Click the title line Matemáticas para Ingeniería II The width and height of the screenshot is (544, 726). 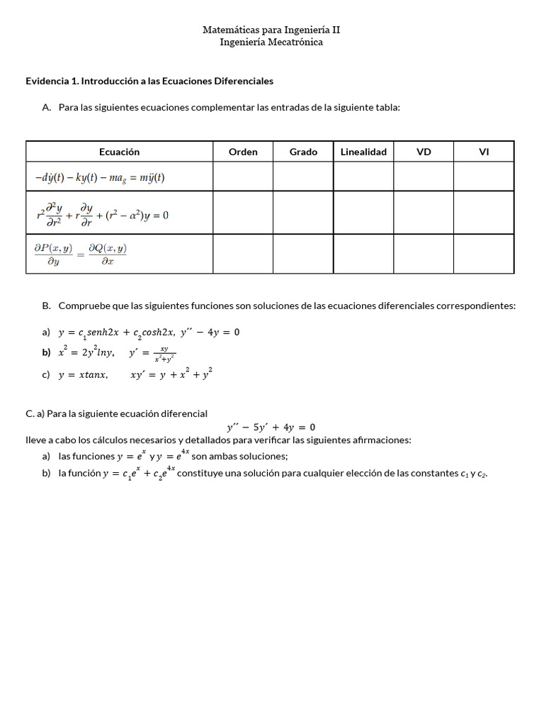click(271, 30)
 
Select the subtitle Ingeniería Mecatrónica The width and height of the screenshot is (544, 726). click(271, 43)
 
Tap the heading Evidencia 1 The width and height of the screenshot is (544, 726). click(52, 82)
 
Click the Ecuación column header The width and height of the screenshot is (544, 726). click(120, 152)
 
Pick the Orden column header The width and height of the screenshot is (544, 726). click(243, 152)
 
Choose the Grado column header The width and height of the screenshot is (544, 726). click(303, 152)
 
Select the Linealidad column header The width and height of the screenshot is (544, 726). click(363, 152)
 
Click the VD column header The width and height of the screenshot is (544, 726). click(424, 152)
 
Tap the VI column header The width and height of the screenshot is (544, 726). click(484, 152)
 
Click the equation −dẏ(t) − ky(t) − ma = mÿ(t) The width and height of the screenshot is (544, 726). click(105, 177)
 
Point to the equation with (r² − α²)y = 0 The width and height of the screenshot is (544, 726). click(103, 213)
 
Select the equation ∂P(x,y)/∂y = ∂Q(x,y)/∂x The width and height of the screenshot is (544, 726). click(80, 255)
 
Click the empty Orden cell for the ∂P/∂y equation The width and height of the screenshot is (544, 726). click(243, 254)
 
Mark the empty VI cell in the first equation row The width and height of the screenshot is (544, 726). click(484, 177)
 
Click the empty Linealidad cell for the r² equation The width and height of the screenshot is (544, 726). click(363, 213)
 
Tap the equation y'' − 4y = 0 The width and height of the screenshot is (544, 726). click(210, 332)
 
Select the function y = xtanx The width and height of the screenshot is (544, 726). click(84, 375)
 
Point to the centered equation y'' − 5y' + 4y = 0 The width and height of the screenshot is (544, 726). click(271, 428)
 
